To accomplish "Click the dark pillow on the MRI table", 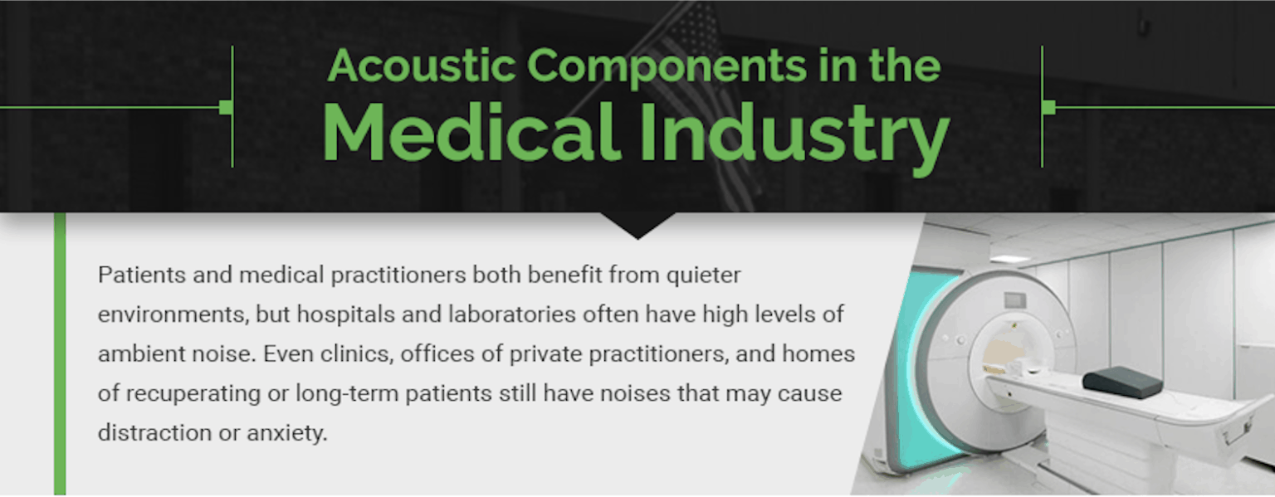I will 1122,382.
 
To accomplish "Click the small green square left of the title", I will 225,107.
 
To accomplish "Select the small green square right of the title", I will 1048,107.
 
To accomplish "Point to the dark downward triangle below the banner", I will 637,226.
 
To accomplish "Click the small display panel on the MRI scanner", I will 1014,300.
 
